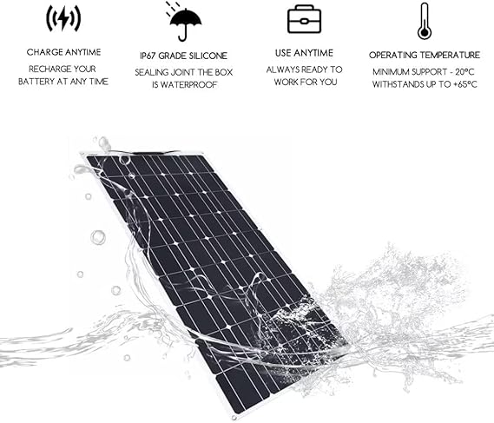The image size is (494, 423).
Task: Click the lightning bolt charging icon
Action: click(63, 18)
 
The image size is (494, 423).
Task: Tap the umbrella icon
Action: click(184, 23)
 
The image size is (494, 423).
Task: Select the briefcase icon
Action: click(304, 20)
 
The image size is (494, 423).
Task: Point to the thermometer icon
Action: click(424, 21)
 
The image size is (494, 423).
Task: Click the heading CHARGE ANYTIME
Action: click(63, 52)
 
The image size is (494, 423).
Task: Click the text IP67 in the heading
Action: click(148, 56)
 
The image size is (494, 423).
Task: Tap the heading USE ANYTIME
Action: click(304, 53)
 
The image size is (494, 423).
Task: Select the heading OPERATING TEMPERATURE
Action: click(425, 56)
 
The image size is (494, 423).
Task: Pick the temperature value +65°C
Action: click(465, 84)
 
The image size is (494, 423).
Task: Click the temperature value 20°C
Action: click(464, 72)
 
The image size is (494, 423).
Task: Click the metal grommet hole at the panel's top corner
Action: click(124, 160)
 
